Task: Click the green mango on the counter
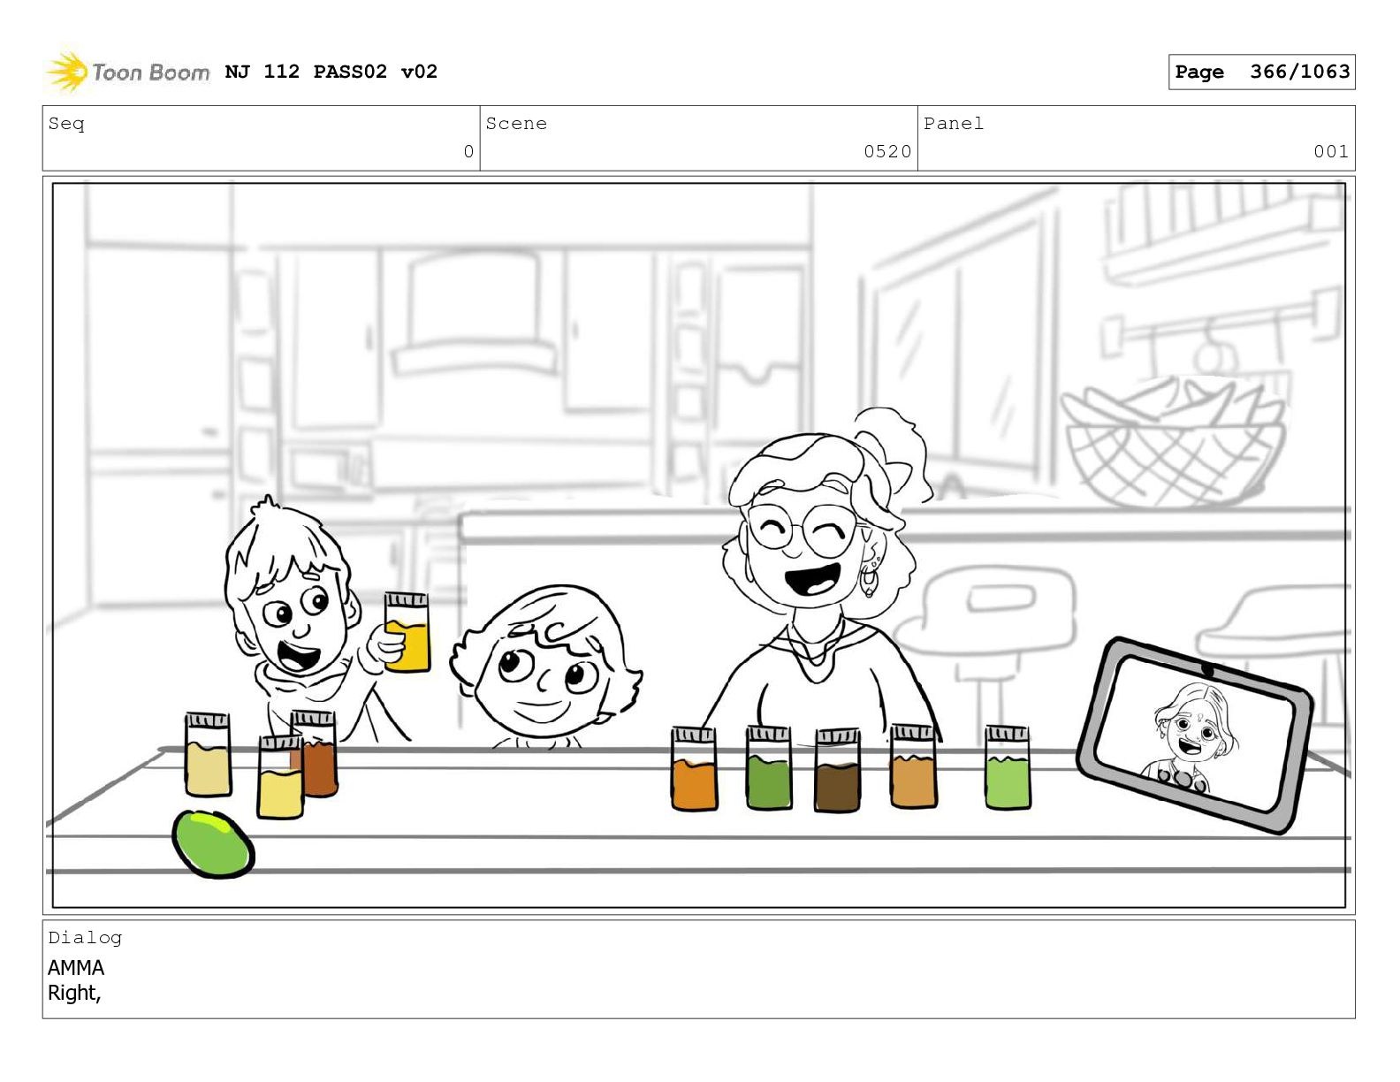pyautogui.click(x=213, y=843)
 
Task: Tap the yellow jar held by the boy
pyautogui.click(x=407, y=632)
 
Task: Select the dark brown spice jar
pyautogui.click(x=837, y=770)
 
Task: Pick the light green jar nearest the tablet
pyautogui.click(x=1008, y=767)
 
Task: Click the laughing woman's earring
pyautogui.click(x=869, y=580)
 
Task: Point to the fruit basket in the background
pyautogui.click(x=1173, y=444)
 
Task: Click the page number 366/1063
pyautogui.click(x=1299, y=72)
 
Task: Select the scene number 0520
pyautogui.click(x=887, y=151)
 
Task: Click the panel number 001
pyautogui.click(x=1330, y=151)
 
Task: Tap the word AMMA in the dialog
pyautogui.click(x=76, y=967)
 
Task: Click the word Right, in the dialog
pyautogui.click(x=74, y=993)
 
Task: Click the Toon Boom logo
pyautogui.click(x=127, y=72)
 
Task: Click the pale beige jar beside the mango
pyautogui.click(x=208, y=754)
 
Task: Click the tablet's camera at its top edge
pyautogui.click(x=1206, y=671)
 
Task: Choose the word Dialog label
pyautogui.click(x=85, y=938)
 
